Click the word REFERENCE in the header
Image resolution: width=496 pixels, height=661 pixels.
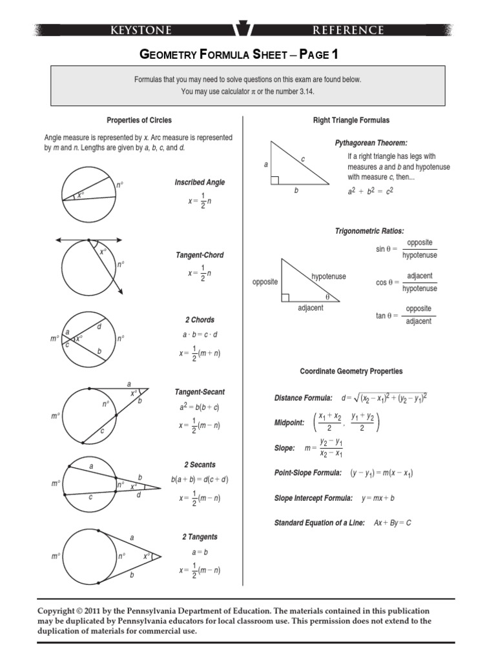349,30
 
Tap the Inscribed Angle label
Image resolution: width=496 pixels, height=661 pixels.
200,182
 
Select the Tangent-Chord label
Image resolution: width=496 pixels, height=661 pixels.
200,255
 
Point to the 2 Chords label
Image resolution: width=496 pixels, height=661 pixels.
200,320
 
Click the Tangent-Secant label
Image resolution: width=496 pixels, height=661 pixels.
200,392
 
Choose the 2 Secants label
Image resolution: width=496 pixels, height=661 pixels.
200,465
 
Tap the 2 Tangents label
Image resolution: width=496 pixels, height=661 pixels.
200,537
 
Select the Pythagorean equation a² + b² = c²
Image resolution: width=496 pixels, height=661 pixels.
371,192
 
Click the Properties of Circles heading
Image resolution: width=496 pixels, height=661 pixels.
139,120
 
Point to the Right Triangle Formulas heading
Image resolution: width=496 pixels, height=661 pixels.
351,120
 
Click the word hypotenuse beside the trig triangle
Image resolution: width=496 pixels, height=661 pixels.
329,276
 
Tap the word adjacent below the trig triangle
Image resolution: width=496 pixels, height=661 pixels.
311,308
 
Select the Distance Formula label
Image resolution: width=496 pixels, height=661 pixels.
304,398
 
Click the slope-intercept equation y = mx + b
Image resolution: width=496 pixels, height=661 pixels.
378,498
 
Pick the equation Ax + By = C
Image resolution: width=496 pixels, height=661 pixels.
393,522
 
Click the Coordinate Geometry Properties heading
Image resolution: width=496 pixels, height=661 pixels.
351,371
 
